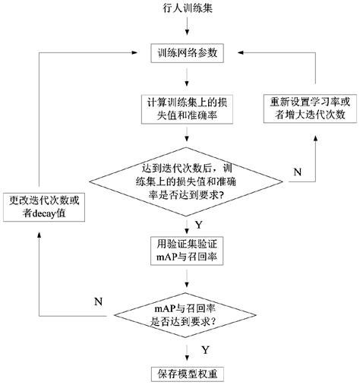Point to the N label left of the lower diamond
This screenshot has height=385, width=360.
(x=98, y=301)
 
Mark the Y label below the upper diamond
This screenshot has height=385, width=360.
(x=199, y=224)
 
